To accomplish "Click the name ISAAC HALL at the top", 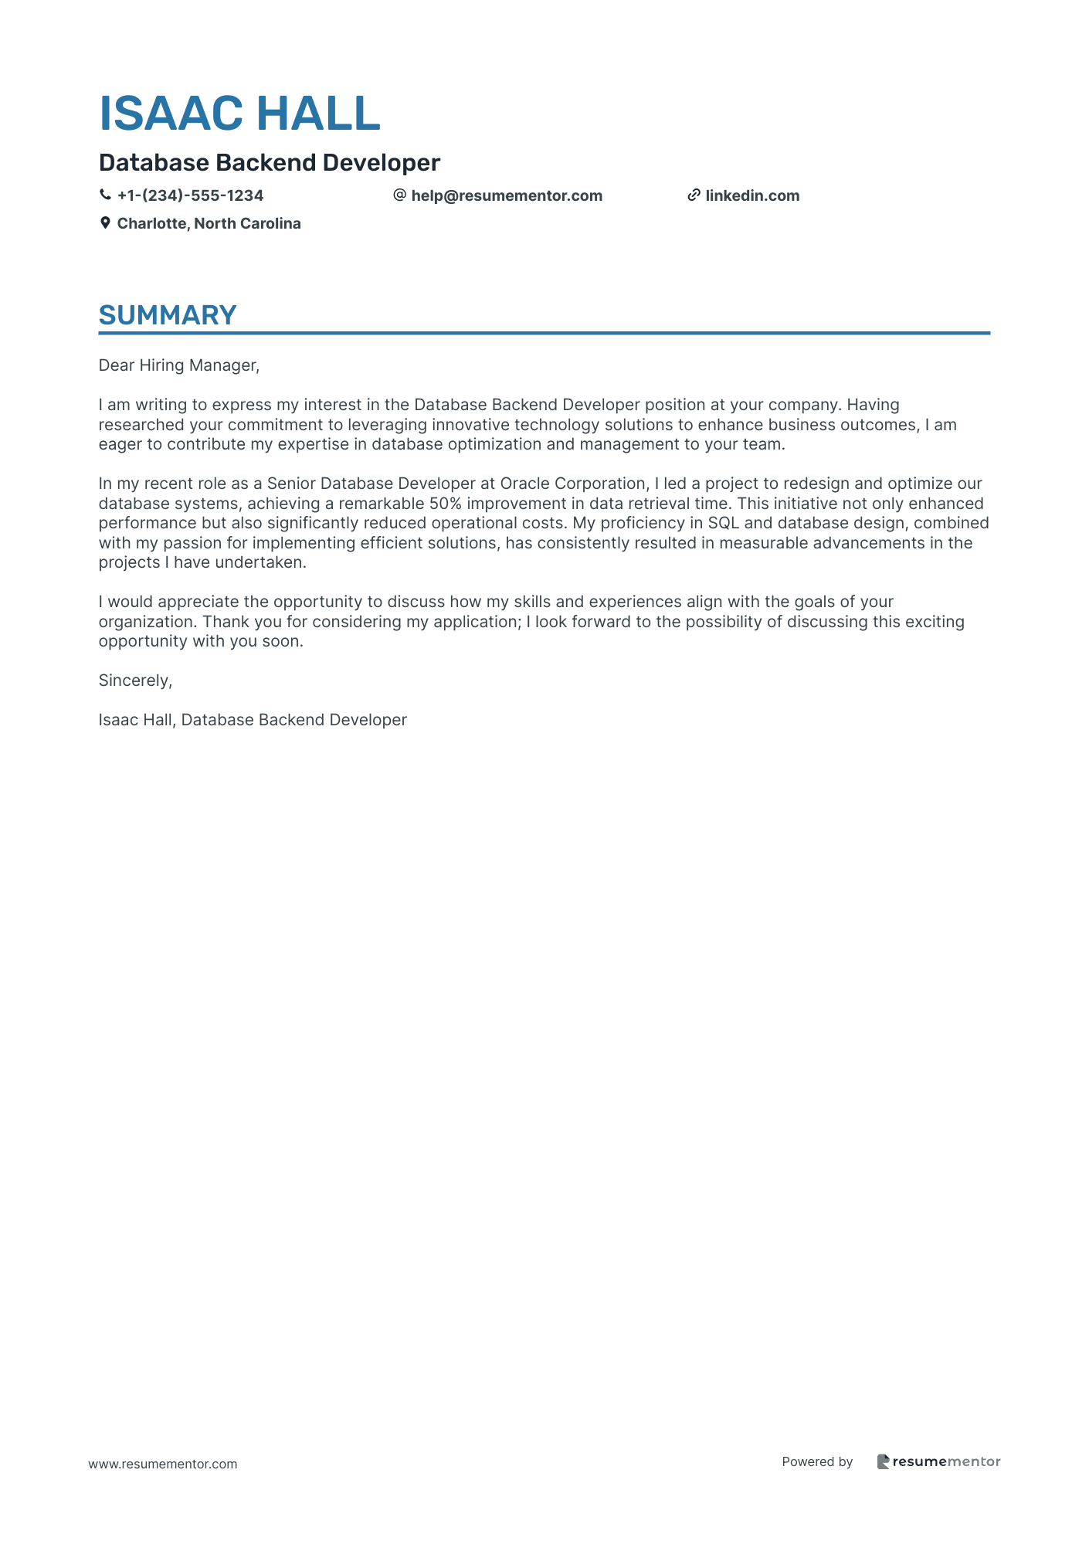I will pos(239,114).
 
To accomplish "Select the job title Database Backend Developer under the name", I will pos(270,163).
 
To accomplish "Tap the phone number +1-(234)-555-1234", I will pos(190,196).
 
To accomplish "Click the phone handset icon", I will pos(105,195).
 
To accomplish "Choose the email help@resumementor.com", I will pos(507,196).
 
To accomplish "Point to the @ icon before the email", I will pos(399,195).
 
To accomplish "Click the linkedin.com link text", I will pos(752,196).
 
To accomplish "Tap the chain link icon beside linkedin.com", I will pos(694,195).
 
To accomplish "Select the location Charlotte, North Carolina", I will pos(209,224).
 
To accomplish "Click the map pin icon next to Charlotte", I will pos(105,223).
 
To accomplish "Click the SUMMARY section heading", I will pos(168,315).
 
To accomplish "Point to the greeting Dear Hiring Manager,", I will pos(179,365).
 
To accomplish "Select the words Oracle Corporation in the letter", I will pos(572,484).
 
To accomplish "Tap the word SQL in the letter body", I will pos(723,524).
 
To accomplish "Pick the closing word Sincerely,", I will pos(135,681).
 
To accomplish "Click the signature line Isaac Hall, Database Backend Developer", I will pos(253,720).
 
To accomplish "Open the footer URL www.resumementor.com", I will pos(163,1464).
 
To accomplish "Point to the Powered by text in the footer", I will pos(817,1461).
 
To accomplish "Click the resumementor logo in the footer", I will pos(938,1461).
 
